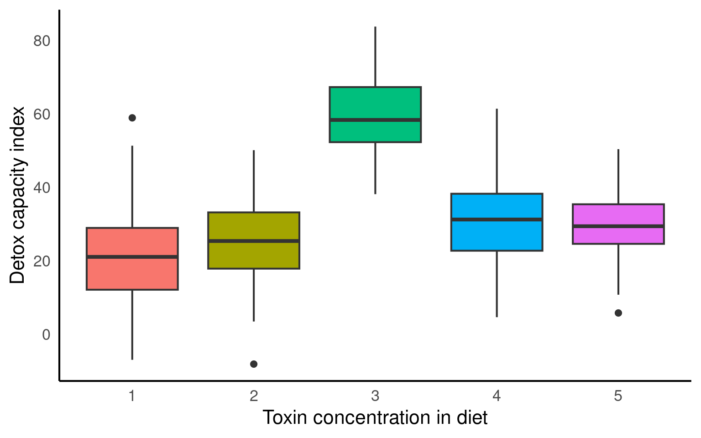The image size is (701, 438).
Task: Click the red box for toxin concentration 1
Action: tap(132, 274)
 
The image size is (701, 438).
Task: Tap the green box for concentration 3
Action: tap(375, 103)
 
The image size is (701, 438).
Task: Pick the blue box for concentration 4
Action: tap(497, 235)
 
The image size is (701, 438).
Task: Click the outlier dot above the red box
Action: tap(132, 118)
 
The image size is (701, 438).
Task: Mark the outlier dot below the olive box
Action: tap(254, 364)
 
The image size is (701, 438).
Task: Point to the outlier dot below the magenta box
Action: tap(618, 313)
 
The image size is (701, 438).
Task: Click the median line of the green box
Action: tap(375, 120)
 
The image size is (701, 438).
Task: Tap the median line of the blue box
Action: tap(497, 219)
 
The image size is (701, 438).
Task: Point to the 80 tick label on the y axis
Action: tap(42, 41)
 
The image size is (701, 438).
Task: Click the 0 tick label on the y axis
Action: tap(46, 335)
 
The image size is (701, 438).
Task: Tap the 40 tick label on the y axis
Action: tap(42, 188)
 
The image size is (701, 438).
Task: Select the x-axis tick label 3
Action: tap(375, 396)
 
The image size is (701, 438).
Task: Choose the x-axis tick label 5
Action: tap(618, 396)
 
